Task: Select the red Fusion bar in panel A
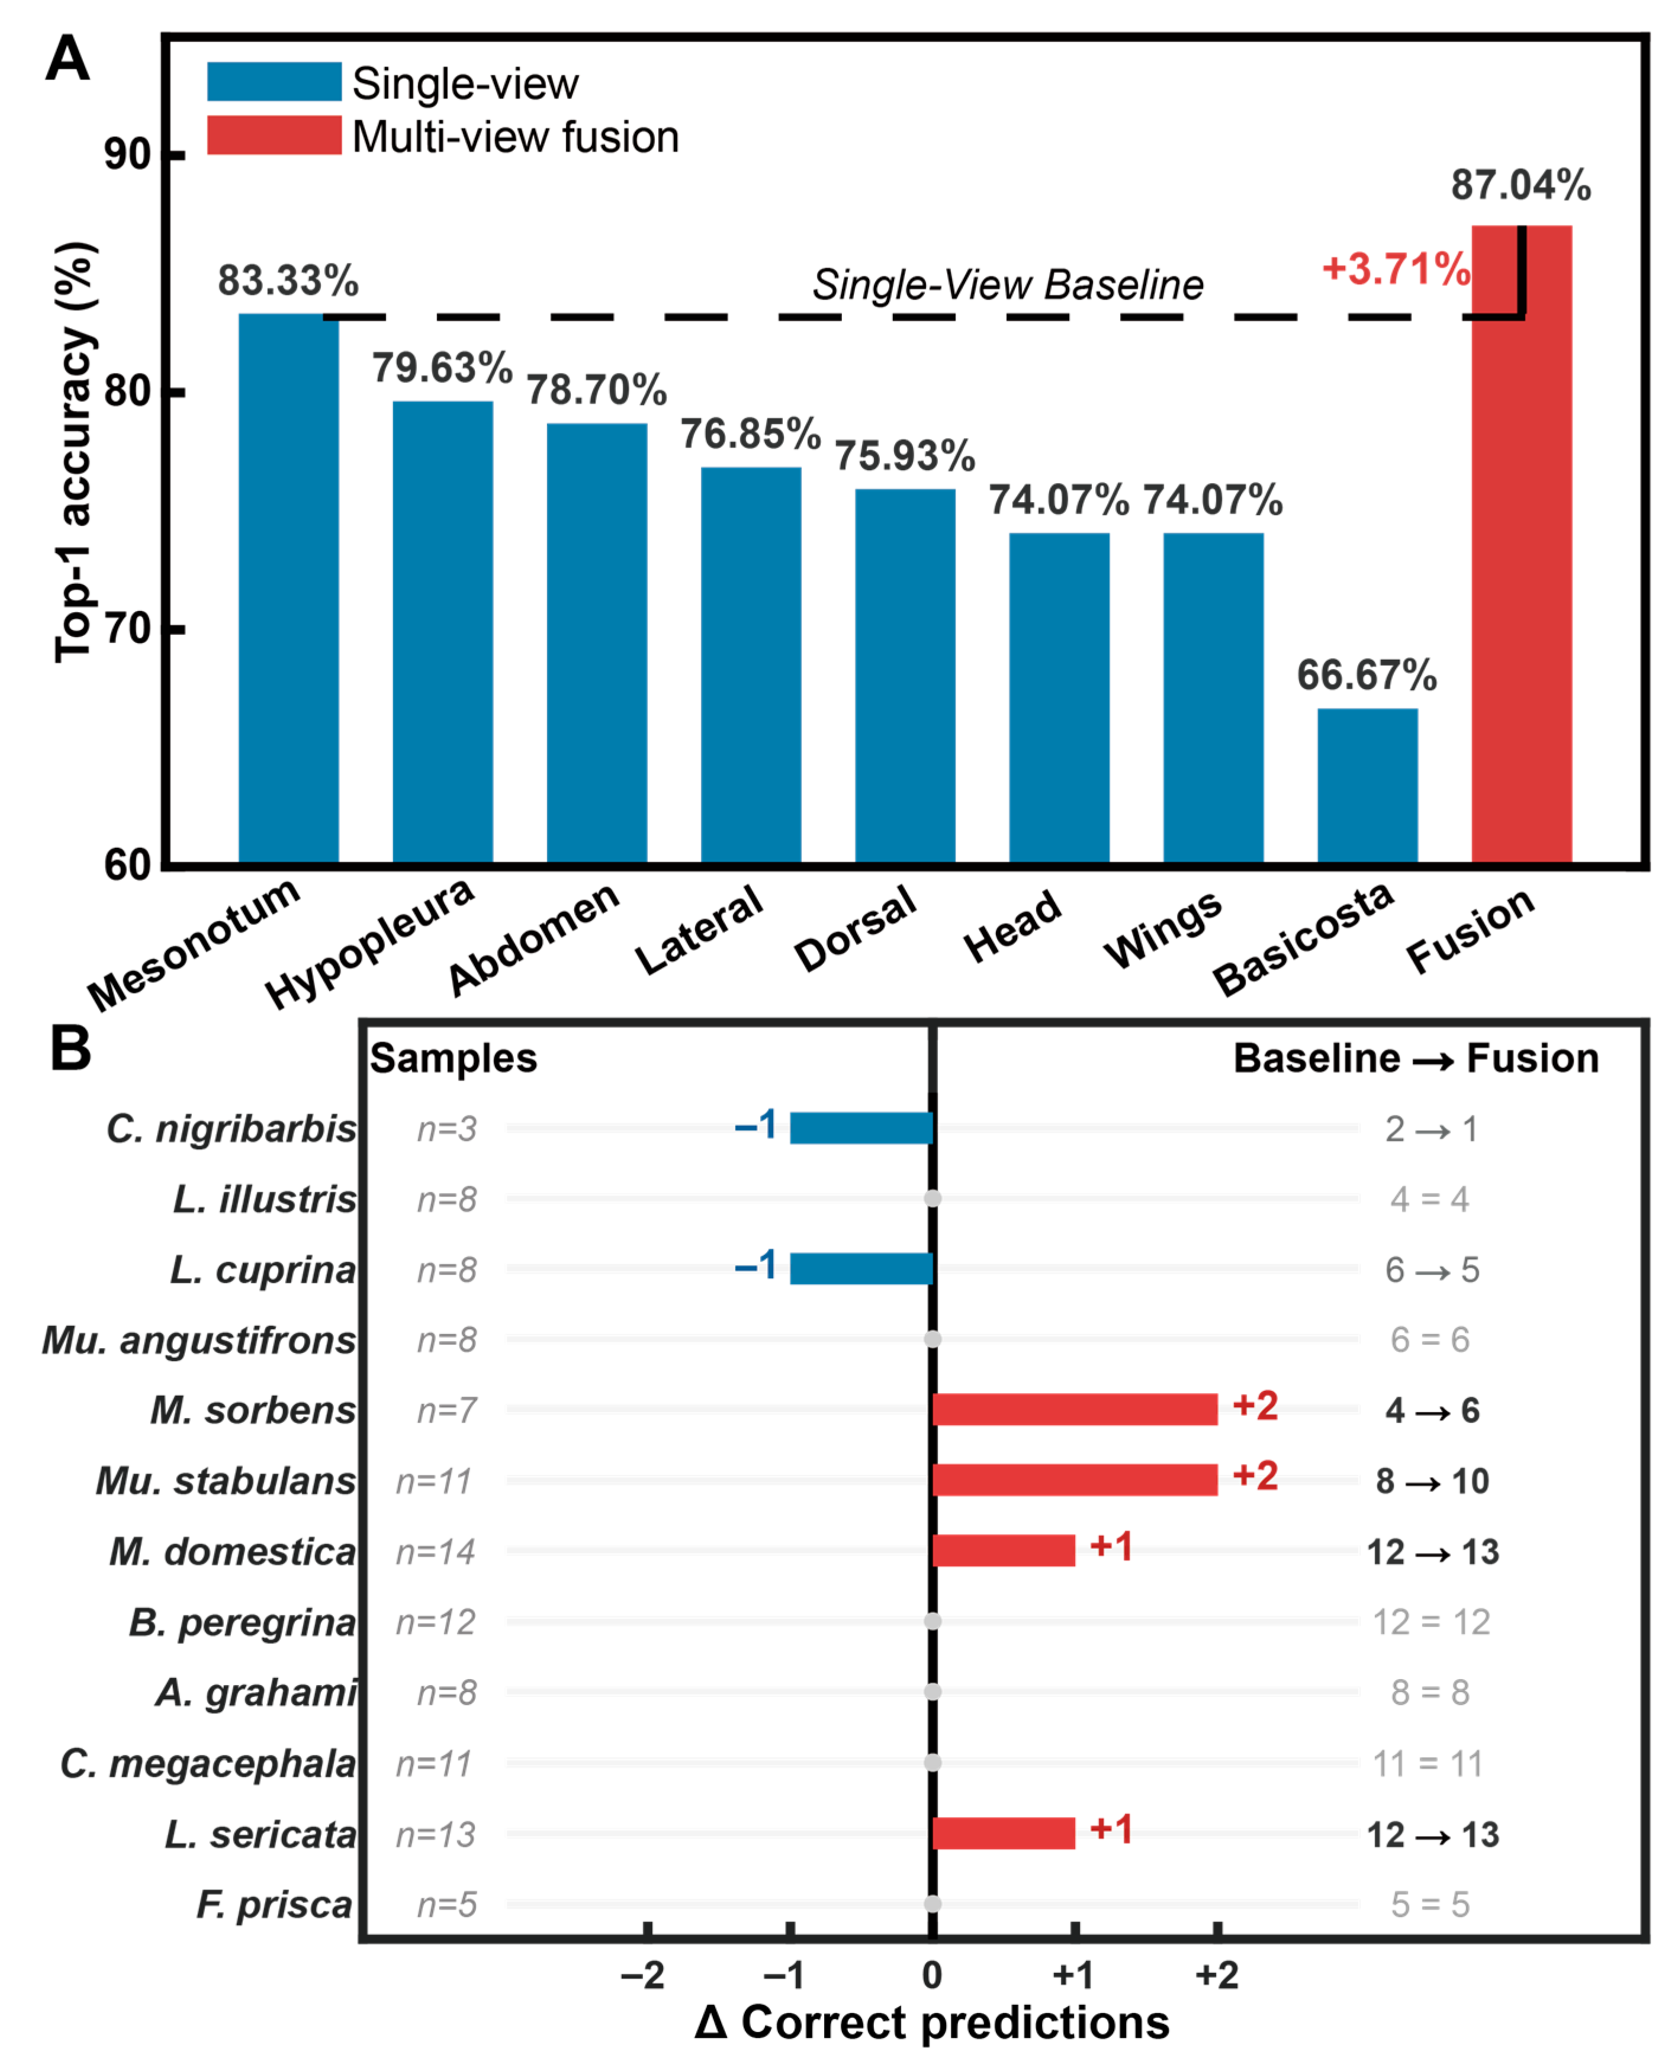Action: (x=1522, y=544)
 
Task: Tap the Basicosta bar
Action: (x=1368, y=786)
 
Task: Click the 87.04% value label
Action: (x=1521, y=185)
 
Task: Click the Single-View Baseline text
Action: (x=1008, y=285)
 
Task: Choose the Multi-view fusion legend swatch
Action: (x=275, y=136)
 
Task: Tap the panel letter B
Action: (x=70, y=1049)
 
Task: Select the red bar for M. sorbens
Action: (x=1075, y=1409)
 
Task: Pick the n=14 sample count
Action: (x=435, y=1552)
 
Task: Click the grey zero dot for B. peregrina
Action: (x=933, y=1622)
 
